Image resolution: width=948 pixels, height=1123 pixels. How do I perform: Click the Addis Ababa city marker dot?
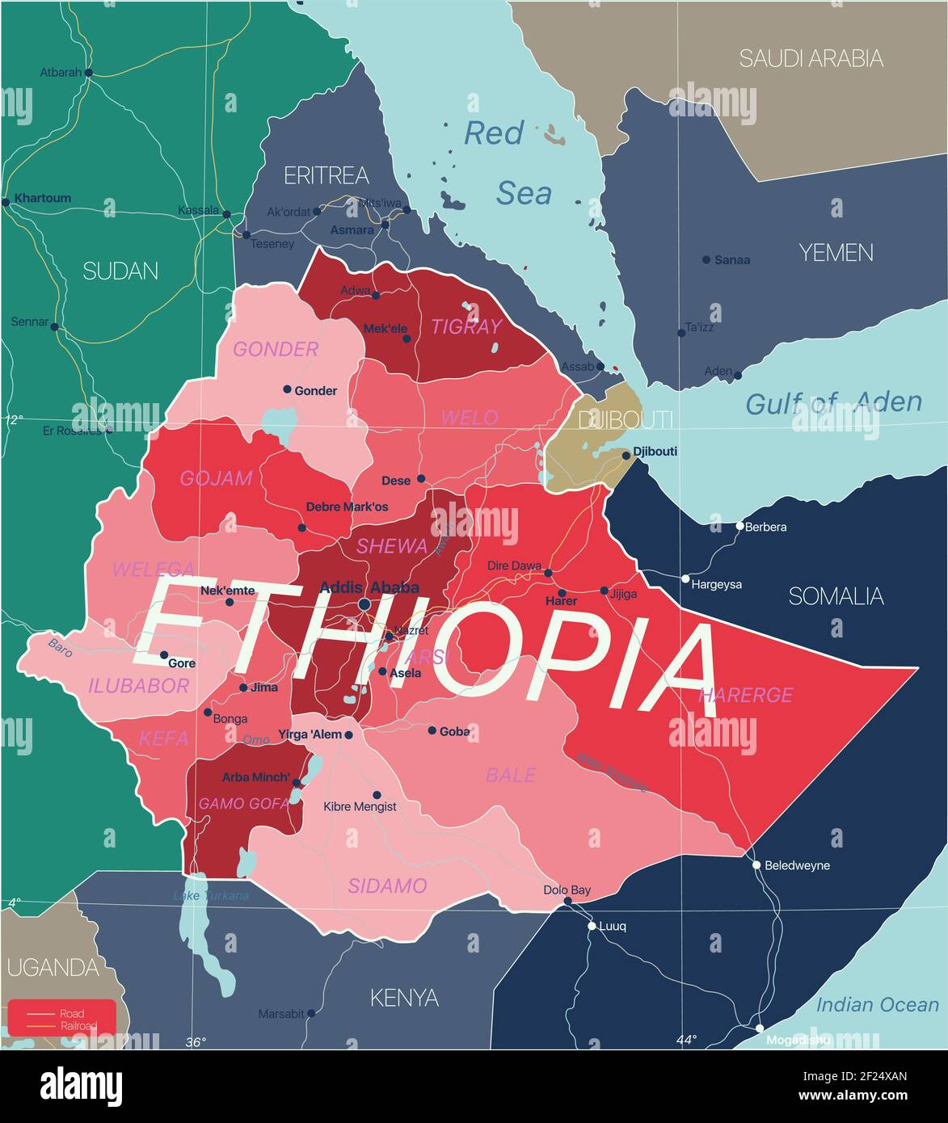[x=364, y=604]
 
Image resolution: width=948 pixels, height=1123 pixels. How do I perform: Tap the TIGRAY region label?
[x=466, y=326]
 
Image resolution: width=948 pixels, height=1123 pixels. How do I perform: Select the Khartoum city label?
[x=43, y=198]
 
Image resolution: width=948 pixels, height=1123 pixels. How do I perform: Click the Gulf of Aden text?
[x=832, y=402]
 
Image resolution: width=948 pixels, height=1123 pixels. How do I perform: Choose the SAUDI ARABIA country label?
[x=811, y=58]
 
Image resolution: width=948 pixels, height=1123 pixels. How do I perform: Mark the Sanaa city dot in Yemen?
[x=706, y=259]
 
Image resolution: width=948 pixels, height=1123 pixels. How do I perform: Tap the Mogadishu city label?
[x=796, y=1040]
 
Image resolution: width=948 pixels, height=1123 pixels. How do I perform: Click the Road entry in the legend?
[x=71, y=1013]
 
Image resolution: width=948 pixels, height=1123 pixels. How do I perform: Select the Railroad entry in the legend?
[x=78, y=1026]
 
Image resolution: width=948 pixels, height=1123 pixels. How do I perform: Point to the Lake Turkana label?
[x=211, y=895]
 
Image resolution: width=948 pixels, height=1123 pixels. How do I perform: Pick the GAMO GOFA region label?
[x=243, y=803]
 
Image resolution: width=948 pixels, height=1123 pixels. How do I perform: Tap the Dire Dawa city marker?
[x=548, y=573]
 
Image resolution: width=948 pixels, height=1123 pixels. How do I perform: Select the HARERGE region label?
[x=745, y=694]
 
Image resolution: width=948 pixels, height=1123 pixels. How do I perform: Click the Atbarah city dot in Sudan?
[x=89, y=73]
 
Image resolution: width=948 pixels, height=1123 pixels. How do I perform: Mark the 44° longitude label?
[x=686, y=1040]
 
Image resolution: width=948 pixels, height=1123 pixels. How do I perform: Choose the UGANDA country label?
[x=53, y=967]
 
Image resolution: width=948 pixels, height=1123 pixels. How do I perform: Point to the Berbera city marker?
[x=739, y=526]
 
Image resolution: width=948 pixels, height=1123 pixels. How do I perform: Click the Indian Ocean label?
[x=877, y=1005]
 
